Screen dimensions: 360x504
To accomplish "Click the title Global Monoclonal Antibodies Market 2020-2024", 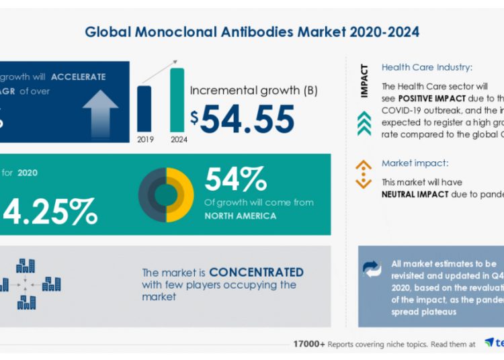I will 253,32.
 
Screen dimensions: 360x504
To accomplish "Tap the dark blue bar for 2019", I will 144,108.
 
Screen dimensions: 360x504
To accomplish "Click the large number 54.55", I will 247,119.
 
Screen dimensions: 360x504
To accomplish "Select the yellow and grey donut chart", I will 165,195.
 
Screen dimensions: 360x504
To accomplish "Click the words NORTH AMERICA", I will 240,216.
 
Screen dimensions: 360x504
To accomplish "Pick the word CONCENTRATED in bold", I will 256,272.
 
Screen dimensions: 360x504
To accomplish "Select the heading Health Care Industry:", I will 426,67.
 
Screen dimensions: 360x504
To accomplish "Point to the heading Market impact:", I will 414,163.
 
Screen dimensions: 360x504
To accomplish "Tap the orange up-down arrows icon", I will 364,173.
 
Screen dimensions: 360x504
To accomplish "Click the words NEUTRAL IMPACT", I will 421,195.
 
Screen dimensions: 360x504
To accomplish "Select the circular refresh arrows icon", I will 372,269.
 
